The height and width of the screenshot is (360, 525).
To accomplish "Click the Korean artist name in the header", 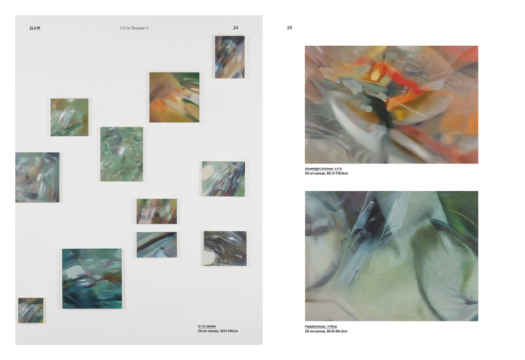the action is [35, 28].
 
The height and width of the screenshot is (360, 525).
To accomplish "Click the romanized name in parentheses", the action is [134, 28].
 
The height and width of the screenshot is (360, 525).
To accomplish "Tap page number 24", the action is [236, 28].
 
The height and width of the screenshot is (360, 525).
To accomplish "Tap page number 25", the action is [289, 28].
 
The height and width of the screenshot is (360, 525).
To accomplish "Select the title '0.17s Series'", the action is [207, 326].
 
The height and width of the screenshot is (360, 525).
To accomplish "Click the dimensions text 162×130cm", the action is [229, 331].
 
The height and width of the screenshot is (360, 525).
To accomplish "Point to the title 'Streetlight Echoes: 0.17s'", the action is [323, 169].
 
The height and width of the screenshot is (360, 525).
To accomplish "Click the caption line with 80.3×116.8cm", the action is [326, 174].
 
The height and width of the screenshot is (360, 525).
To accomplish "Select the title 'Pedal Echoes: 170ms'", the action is [321, 326].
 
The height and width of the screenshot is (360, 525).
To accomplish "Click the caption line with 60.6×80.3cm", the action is [326, 331].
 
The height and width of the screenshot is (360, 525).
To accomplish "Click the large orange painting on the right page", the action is [391, 105].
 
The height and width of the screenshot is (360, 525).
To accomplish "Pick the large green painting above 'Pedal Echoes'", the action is [391, 256].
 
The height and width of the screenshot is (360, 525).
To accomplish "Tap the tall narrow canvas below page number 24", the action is [230, 57].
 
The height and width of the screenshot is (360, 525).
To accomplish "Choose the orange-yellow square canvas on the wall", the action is [174, 97].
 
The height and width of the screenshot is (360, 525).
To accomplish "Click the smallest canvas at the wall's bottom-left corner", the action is [31, 310].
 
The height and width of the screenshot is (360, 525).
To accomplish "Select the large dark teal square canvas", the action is [92, 279].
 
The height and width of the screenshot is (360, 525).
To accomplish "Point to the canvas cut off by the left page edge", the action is [37, 177].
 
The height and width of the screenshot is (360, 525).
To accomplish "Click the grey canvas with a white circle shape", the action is [225, 248].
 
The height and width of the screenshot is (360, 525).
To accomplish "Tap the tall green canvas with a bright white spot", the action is [122, 154].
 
